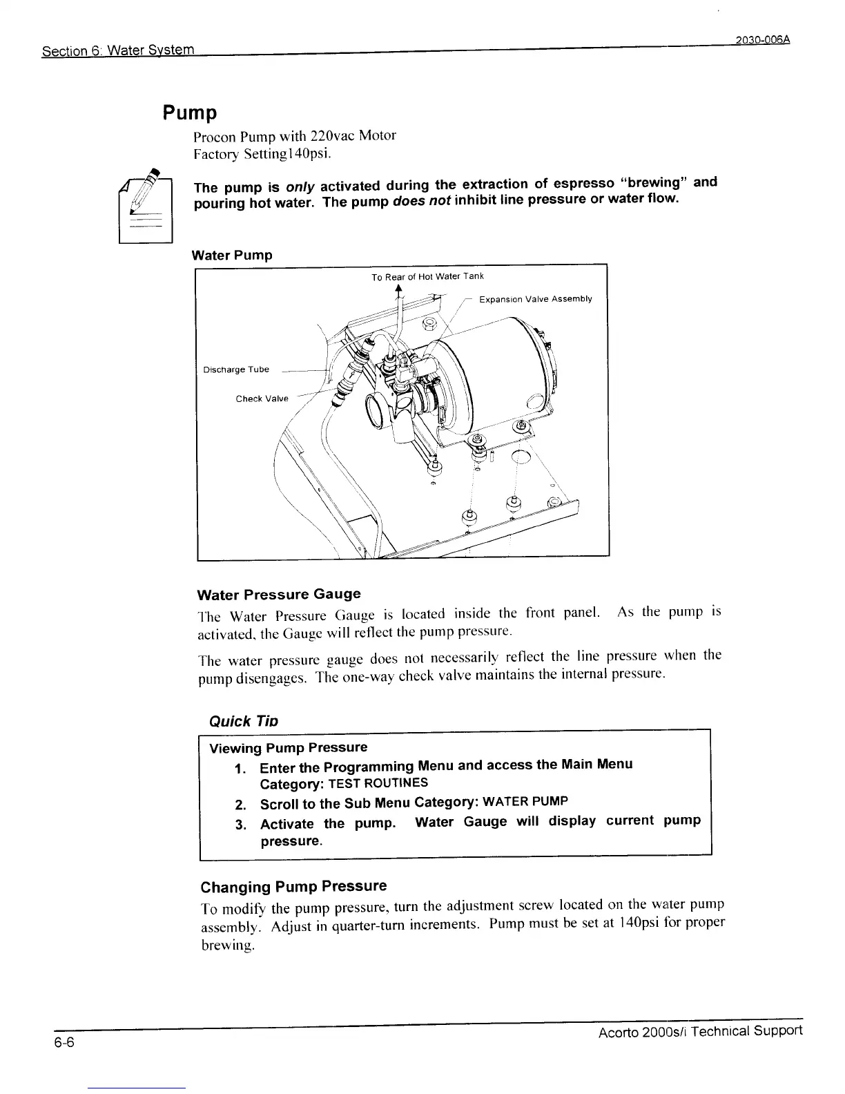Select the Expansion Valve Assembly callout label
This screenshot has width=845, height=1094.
535,299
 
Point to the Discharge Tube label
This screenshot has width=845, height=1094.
235,370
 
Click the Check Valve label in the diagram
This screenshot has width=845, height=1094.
262,399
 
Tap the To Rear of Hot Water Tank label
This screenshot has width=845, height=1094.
427,277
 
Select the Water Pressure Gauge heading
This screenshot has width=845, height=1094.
279,594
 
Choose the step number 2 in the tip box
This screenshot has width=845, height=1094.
240,805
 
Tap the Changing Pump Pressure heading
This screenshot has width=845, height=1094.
293,886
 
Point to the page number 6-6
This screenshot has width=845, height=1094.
65,1043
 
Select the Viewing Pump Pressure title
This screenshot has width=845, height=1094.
288,748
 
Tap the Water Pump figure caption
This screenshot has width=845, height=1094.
232,255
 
